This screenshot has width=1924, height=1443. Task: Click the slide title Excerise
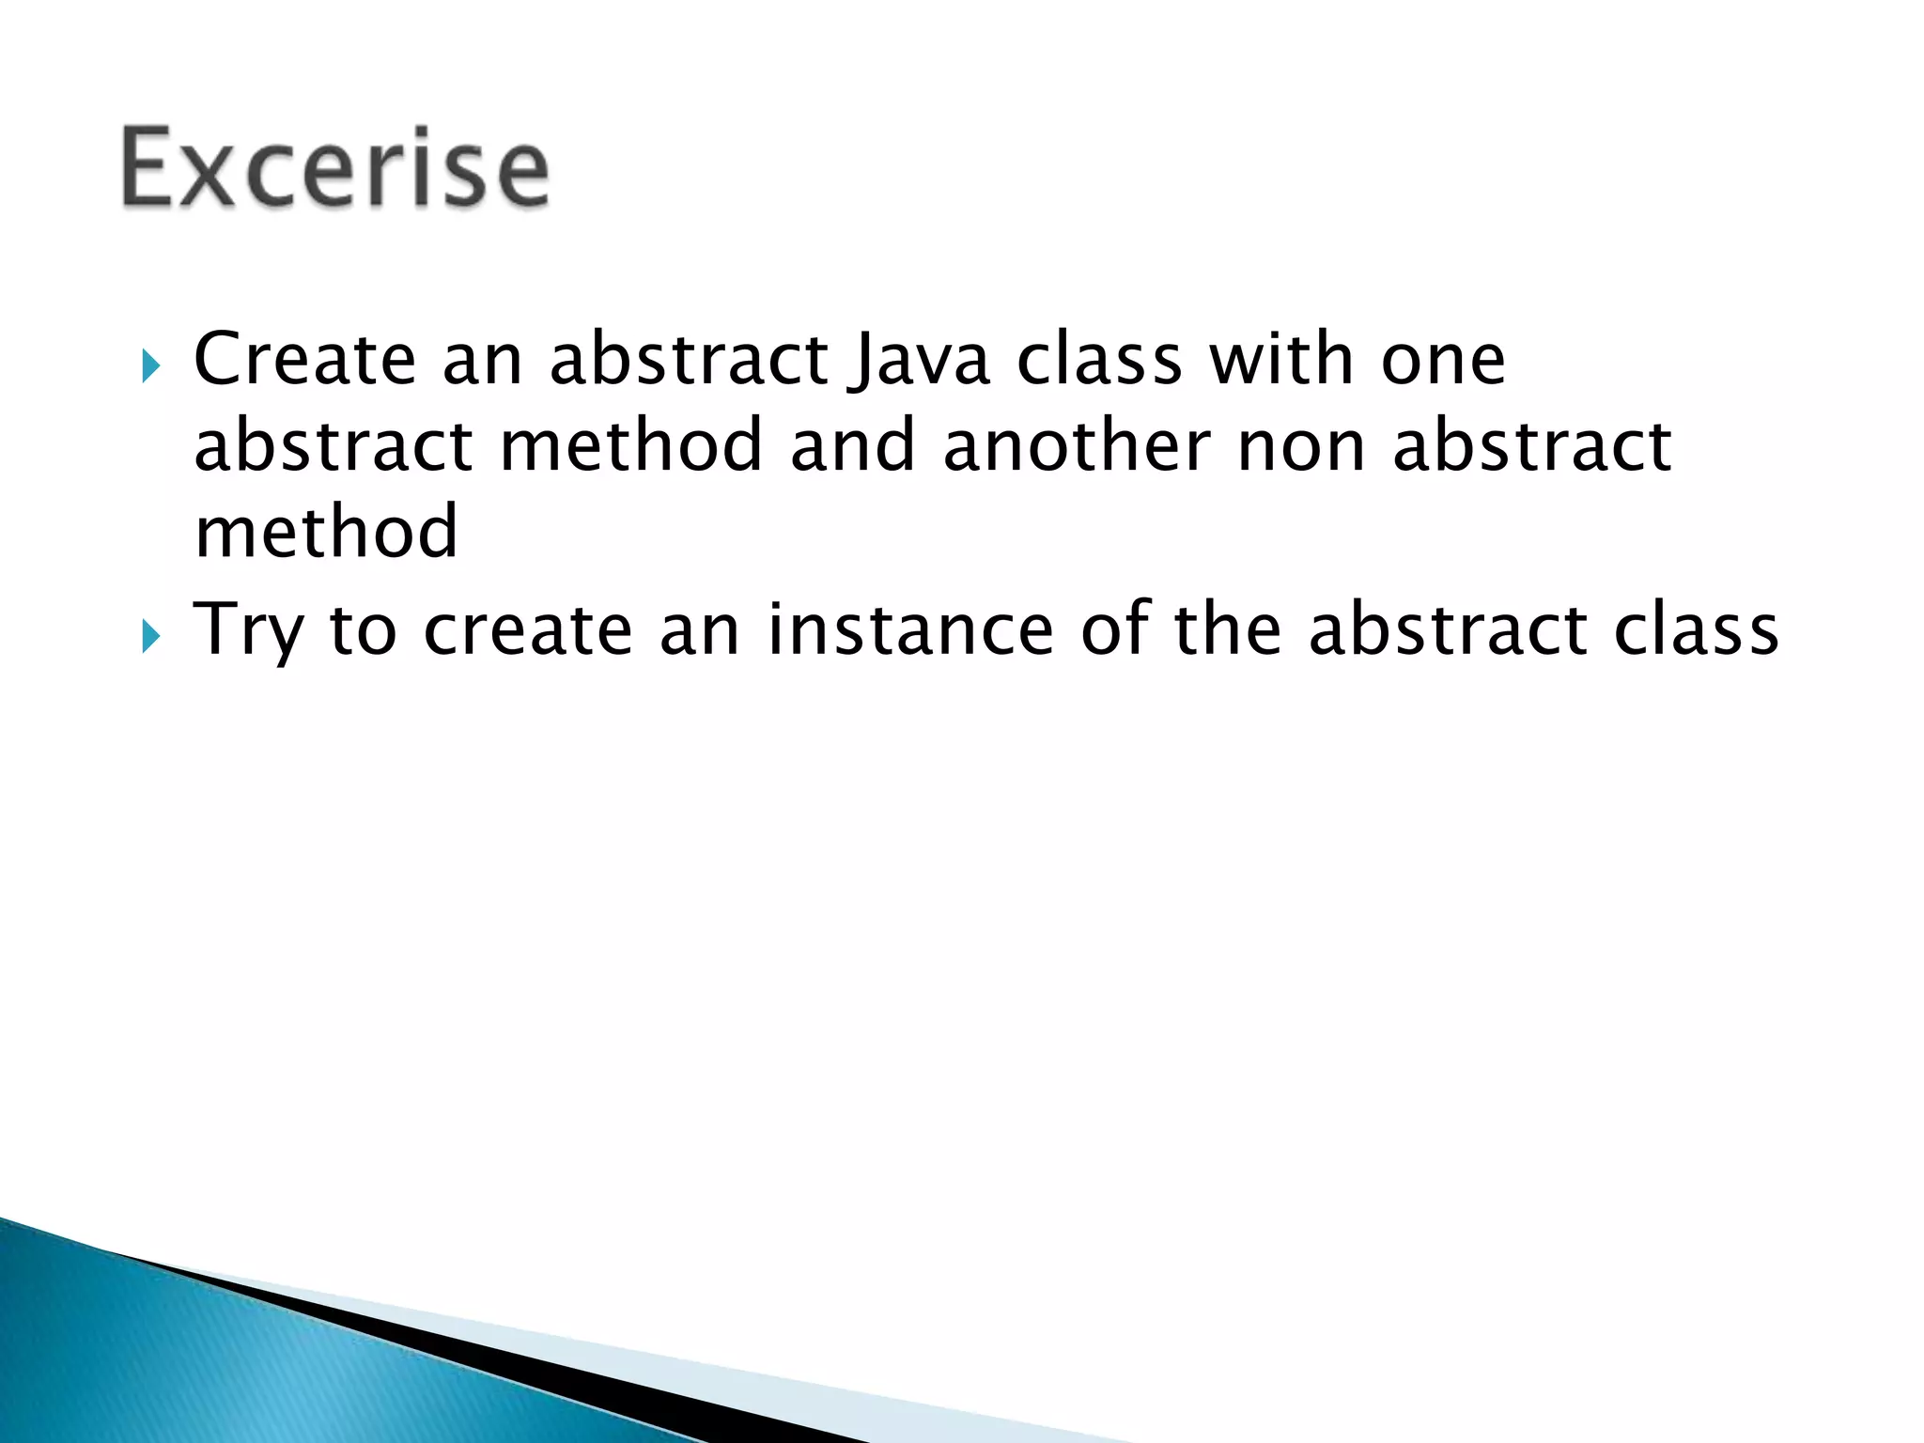click(x=334, y=169)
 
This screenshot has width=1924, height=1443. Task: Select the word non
click(x=1300, y=447)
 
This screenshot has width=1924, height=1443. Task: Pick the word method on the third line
click(x=326, y=532)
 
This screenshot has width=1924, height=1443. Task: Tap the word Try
click(x=248, y=631)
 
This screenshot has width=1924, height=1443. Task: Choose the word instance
click(x=909, y=629)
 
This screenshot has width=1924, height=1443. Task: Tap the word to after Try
click(x=363, y=629)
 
